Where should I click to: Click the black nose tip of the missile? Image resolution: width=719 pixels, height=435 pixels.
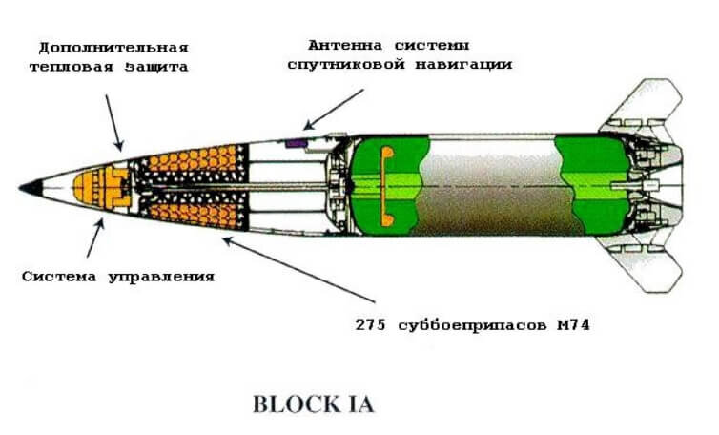pyautogui.click(x=32, y=188)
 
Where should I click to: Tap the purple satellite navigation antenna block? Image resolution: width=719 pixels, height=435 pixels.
pyautogui.click(x=297, y=143)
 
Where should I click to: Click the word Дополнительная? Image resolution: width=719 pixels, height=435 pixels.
pyautogui.click(x=113, y=49)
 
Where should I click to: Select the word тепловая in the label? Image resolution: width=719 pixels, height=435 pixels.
pyautogui.click(x=72, y=67)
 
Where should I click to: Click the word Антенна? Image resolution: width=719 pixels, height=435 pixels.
pyautogui.click(x=345, y=46)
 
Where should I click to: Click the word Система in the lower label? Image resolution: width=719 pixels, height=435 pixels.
pyautogui.click(x=59, y=277)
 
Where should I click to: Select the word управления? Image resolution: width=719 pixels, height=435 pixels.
pyautogui.click(x=161, y=278)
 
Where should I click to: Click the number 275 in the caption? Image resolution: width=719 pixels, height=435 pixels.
pyautogui.click(x=371, y=325)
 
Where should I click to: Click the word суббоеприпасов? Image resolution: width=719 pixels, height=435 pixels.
pyautogui.click(x=472, y=325)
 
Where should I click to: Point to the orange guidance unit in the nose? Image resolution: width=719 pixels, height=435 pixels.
pyautogui.click(x=101, y=188)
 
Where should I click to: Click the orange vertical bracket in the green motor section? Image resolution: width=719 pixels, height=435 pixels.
pyautogui.click(x=386, y=186)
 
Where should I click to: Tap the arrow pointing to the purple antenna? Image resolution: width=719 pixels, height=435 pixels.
pyautogui.click(x=334, y=109)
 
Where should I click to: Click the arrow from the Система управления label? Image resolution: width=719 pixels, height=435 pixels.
pyautogui.click(x=95, y=238)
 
